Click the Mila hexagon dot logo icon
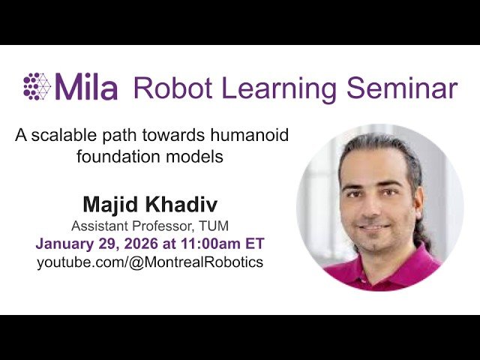(37, 86)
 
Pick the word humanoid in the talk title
(250, 136)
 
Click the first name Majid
(109, 204)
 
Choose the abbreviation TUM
(213, 226)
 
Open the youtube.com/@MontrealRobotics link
(150, 262)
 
